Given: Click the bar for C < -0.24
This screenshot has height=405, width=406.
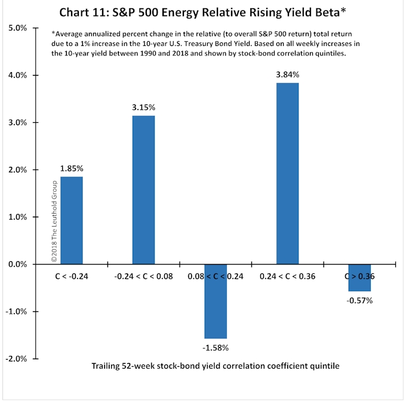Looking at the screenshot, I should [72, 220].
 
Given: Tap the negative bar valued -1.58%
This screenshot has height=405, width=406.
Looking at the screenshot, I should [216, 301].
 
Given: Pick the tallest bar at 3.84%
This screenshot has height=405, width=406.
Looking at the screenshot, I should [287, 174].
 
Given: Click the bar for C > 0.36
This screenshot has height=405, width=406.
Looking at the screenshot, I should [359, 278].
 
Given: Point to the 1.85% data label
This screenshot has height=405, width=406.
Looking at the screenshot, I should [72, 169].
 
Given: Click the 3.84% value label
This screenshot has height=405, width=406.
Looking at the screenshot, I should [287, 75].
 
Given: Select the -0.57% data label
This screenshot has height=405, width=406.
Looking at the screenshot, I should [359, 300].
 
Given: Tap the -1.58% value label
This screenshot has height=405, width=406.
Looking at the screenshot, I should [216, 347].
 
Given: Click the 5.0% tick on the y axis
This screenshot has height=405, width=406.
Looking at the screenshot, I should [15, 28].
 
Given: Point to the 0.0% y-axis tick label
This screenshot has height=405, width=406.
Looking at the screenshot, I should [15, 264].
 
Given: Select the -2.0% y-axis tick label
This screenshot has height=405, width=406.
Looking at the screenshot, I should [14, 358].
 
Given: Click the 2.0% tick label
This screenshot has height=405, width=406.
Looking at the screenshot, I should [15, 170].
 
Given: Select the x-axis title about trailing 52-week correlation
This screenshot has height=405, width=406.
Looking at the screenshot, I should [216, 366].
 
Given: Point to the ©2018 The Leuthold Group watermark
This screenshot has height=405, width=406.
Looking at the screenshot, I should [54, 221].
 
